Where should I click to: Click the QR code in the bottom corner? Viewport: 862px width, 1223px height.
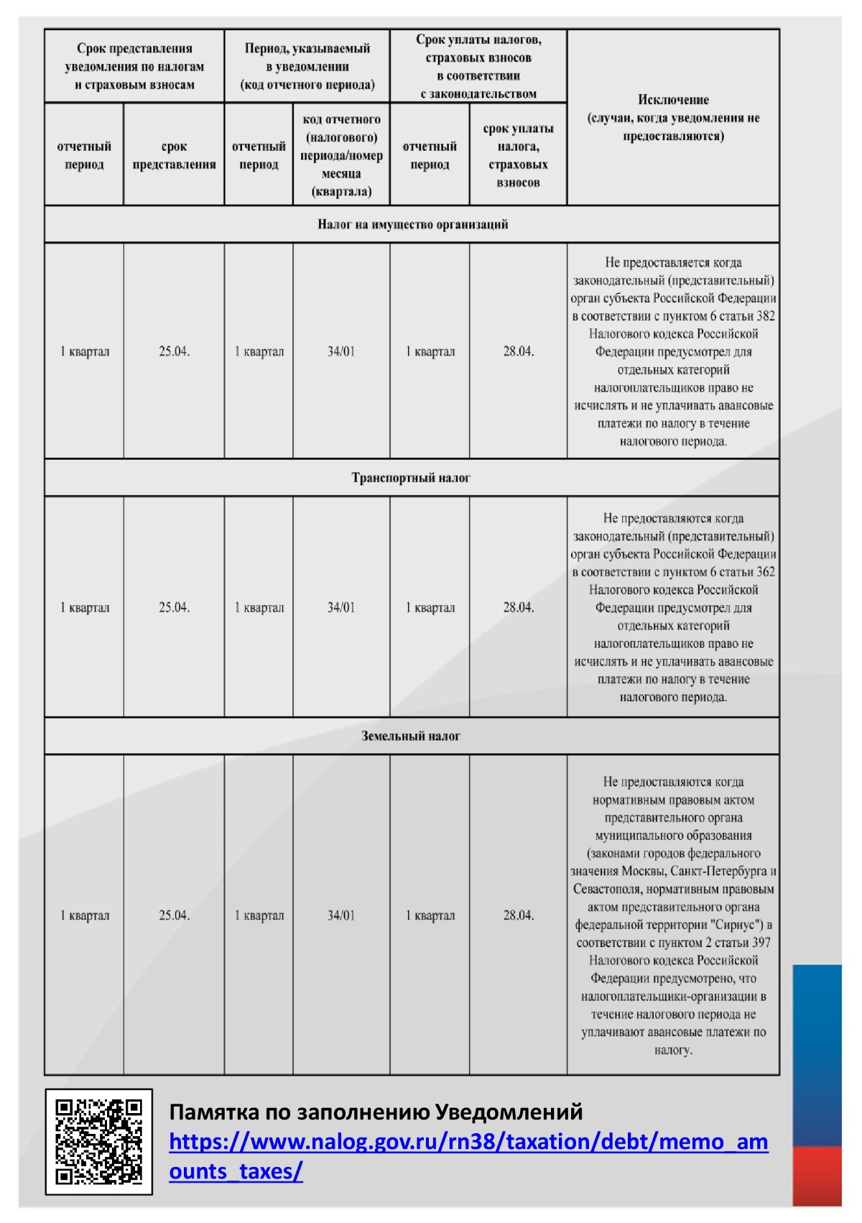point(99,1142)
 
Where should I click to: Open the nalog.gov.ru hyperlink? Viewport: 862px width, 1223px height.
point(468,1143)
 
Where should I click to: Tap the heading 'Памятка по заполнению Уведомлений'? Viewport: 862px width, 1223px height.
point(376,1112)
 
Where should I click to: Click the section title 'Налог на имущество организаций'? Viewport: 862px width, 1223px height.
point(412,224)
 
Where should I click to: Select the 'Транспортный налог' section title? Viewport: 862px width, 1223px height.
point(411,478)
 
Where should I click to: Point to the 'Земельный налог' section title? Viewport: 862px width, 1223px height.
point(411,736)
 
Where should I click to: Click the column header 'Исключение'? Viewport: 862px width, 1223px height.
point(673,101)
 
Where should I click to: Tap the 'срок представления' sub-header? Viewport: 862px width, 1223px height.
point(174,155)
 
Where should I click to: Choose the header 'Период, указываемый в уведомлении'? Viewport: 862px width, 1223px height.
point(307,66)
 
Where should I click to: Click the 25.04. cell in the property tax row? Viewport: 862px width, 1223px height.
point(174,351)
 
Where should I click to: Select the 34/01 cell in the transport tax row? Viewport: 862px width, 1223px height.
point(341,607)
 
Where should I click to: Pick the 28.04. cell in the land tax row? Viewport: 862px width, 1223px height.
point(518,915)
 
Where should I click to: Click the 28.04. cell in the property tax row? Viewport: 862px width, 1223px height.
point(518,351)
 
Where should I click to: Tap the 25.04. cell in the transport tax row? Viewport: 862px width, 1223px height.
point(174,607)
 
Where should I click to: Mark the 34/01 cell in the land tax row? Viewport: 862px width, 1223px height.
point(341,915)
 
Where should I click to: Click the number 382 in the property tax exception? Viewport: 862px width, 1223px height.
point(765,316)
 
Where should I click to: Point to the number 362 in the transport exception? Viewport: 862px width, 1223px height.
point(765,572)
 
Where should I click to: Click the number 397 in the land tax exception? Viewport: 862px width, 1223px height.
point(760,943)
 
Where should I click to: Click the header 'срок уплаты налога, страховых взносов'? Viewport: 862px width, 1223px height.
point(518,155)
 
